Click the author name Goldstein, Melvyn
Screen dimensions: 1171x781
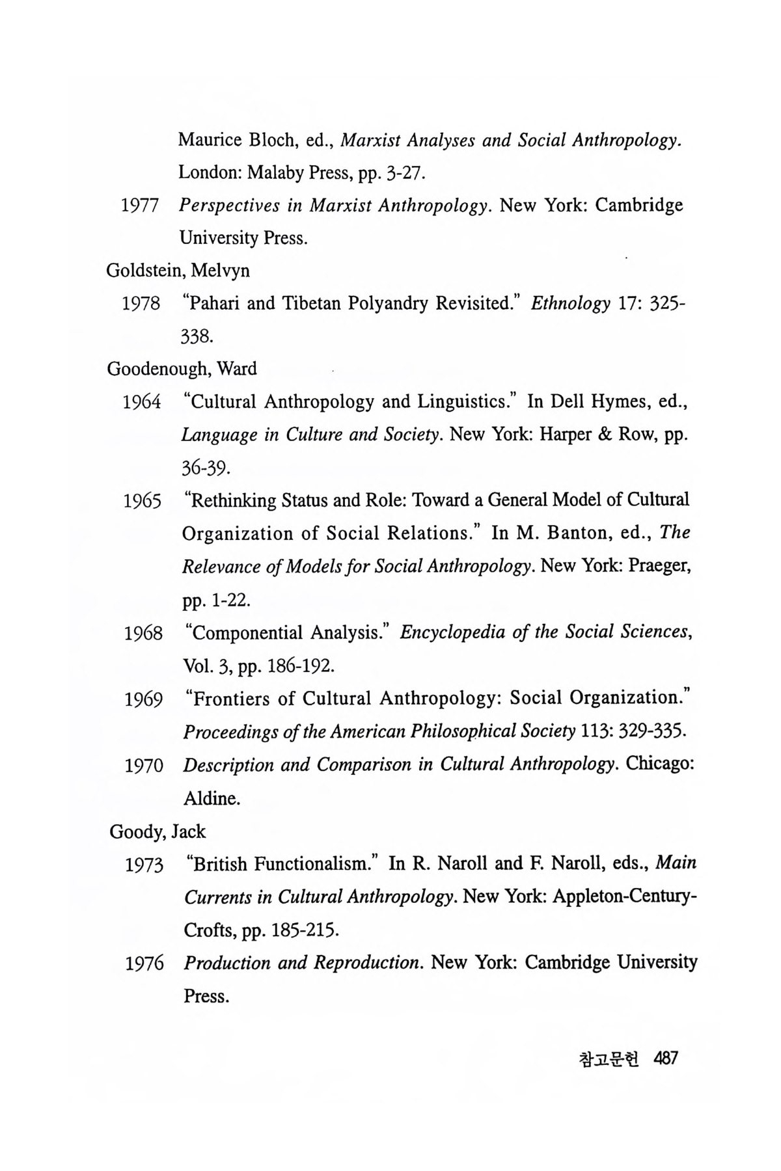178,271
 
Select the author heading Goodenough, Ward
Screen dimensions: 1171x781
182,369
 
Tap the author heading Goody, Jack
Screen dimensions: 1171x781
158,831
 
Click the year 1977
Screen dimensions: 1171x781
141,206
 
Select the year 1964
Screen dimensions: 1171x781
142,403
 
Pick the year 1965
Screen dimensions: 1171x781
143,502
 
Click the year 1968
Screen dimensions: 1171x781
143,634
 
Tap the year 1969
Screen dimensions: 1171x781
144,700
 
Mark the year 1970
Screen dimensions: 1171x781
144,766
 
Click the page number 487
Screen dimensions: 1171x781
667,1058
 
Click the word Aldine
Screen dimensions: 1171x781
212,798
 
